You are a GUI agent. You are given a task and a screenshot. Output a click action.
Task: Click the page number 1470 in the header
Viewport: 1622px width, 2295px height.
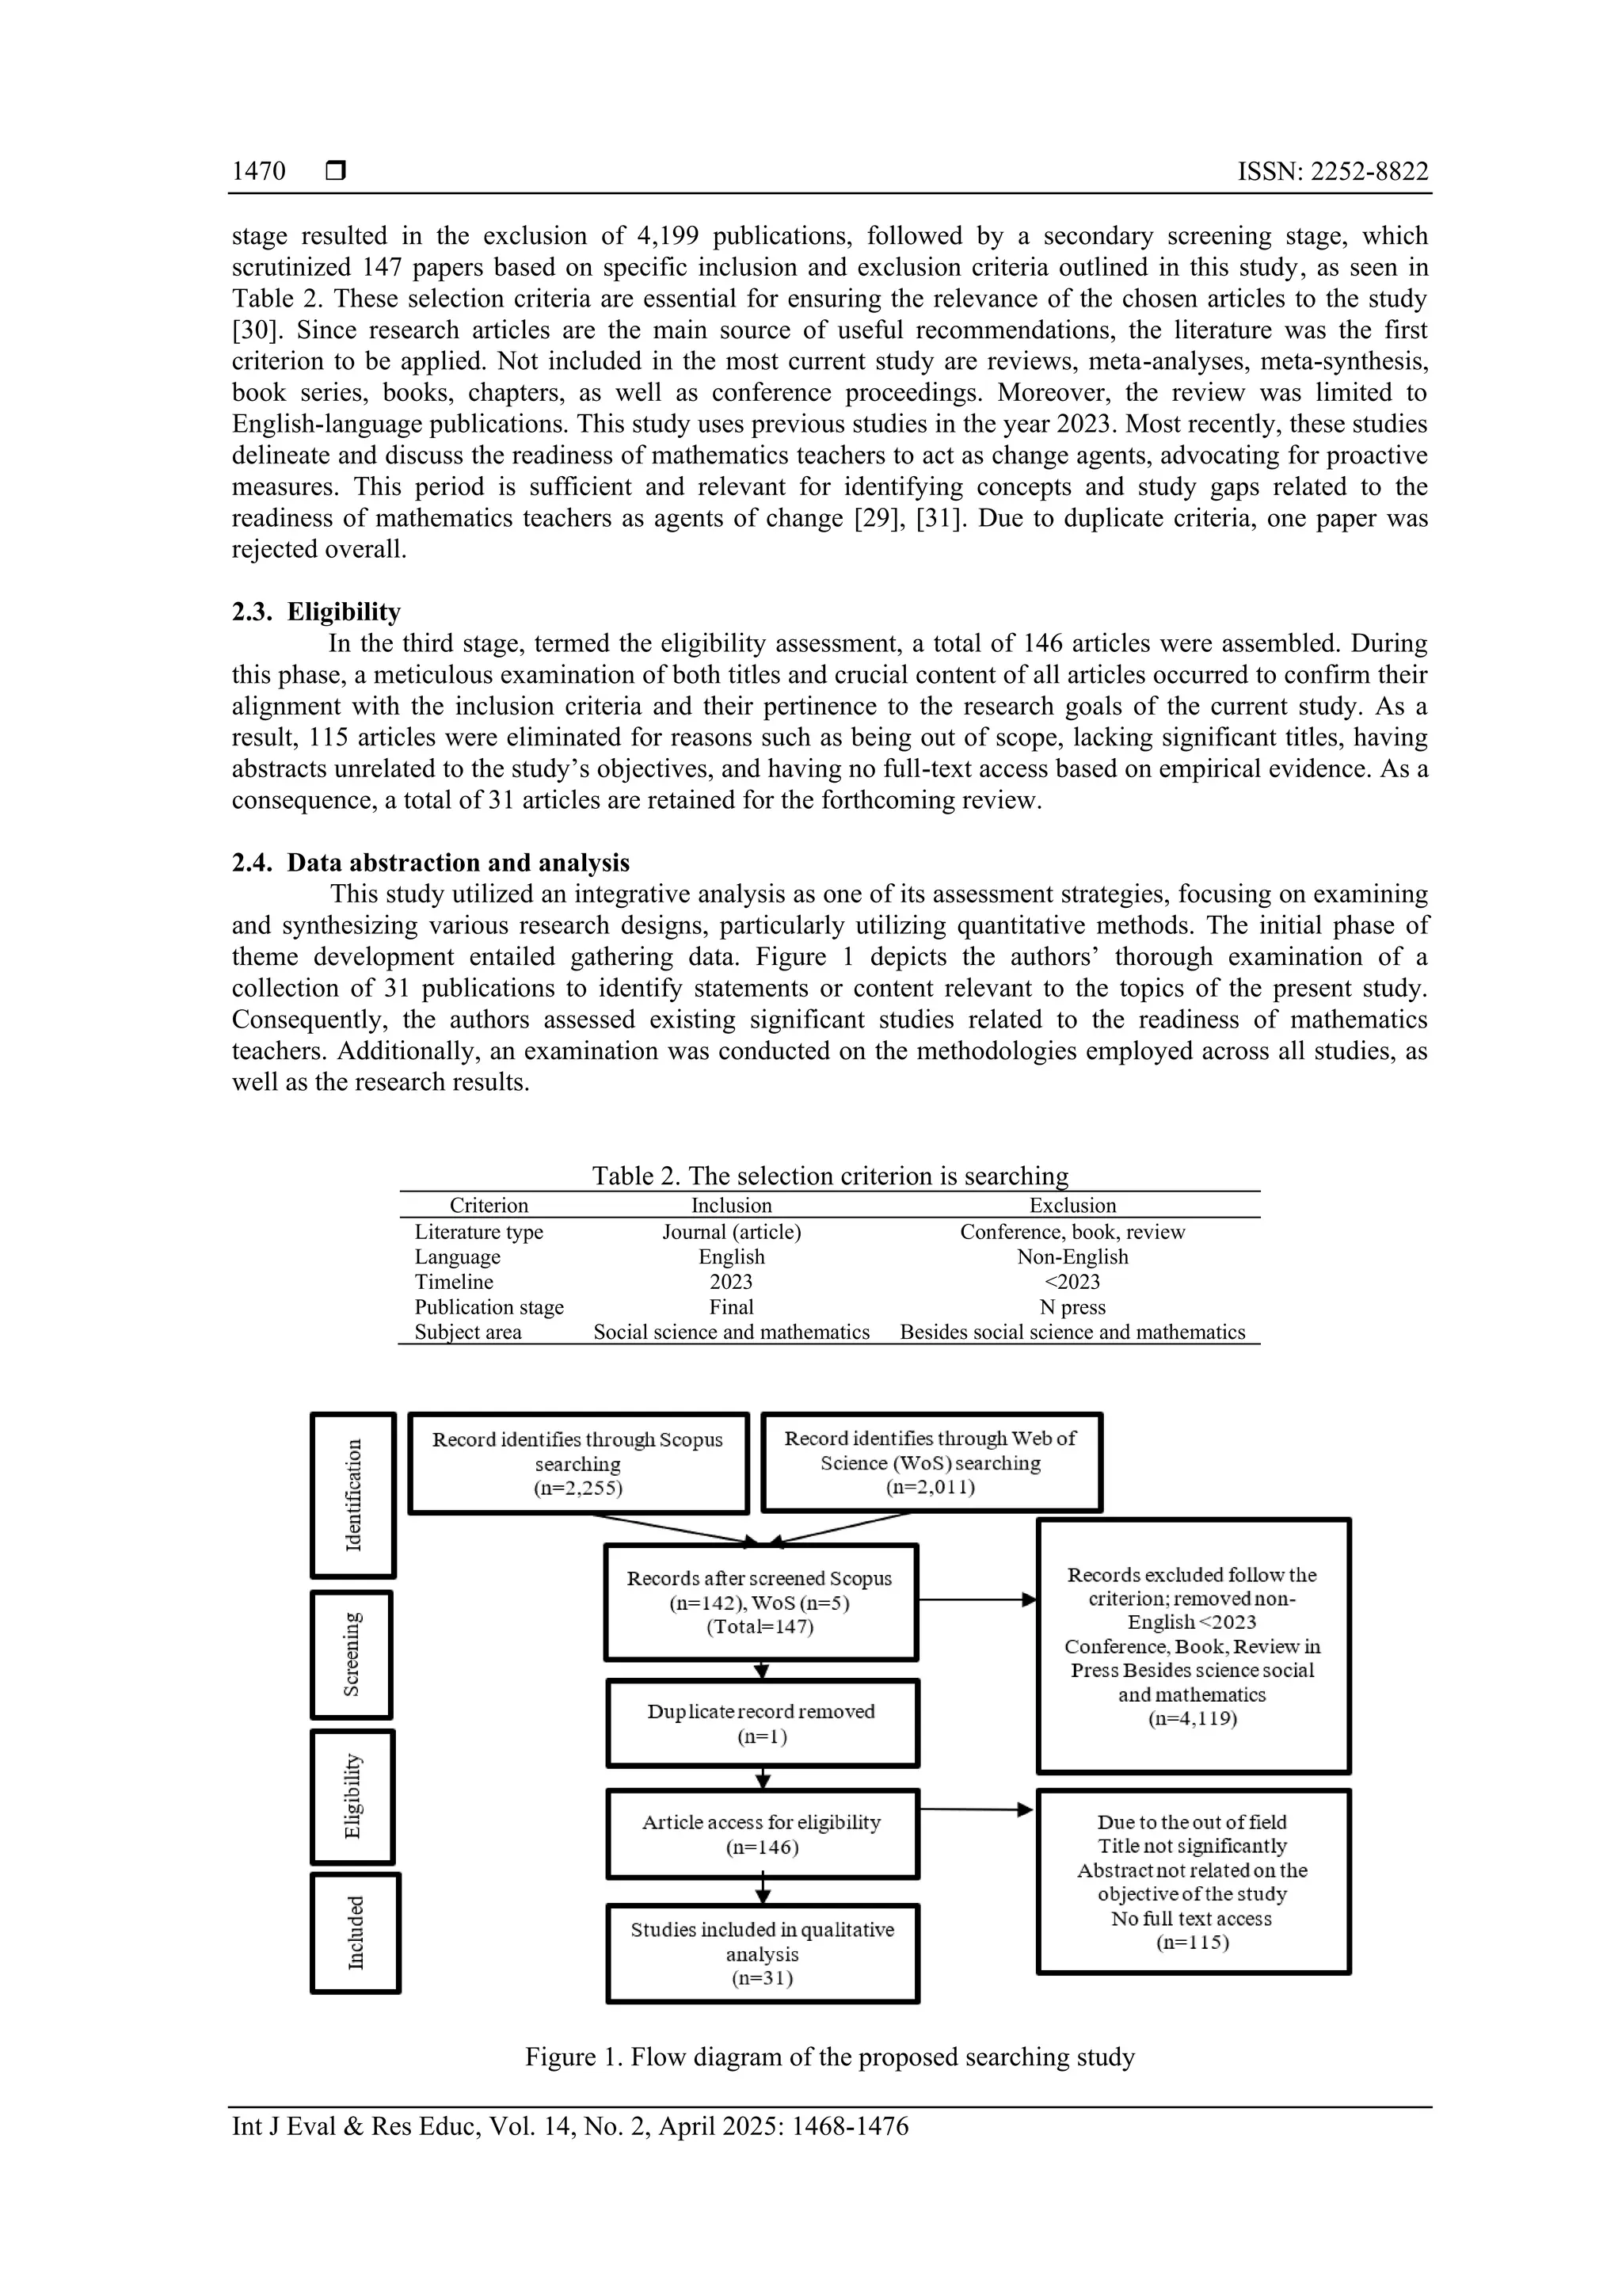[258, 171]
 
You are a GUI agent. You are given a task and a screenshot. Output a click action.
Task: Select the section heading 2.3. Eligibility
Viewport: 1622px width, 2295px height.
[316, 612]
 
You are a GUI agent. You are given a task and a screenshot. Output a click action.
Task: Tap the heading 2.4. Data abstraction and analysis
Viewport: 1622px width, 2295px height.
[431, 863]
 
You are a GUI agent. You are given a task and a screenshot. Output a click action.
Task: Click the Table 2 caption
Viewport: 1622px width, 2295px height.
[829, 1176]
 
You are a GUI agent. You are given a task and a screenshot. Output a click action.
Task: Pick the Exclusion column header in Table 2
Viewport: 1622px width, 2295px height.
[1072, 1206]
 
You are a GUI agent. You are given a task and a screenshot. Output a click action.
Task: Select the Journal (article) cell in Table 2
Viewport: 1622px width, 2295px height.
[732, 1231]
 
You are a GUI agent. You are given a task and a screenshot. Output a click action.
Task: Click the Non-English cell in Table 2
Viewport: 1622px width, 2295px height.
[1072, 1256]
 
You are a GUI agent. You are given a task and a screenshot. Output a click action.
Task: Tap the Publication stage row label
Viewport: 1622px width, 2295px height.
[489, 1307]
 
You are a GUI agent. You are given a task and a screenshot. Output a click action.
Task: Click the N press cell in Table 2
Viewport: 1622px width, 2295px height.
[1072, 1307]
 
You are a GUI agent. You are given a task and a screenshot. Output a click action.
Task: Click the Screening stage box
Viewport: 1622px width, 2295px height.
[352, 1654]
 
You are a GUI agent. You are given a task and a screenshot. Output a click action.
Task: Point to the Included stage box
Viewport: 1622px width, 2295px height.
[355, 1932]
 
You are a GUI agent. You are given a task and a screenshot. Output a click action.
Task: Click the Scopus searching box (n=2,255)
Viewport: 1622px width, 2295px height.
[577, 1463]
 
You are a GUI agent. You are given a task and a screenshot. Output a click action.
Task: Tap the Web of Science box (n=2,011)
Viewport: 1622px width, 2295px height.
[931, 1462]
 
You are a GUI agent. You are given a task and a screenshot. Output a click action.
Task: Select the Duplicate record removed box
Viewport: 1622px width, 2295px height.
[762, 1723]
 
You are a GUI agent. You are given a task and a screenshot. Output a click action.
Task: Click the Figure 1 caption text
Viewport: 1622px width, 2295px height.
[829, 2057]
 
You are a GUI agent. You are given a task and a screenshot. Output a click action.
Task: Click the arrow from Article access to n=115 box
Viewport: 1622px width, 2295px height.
[974, 1809]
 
